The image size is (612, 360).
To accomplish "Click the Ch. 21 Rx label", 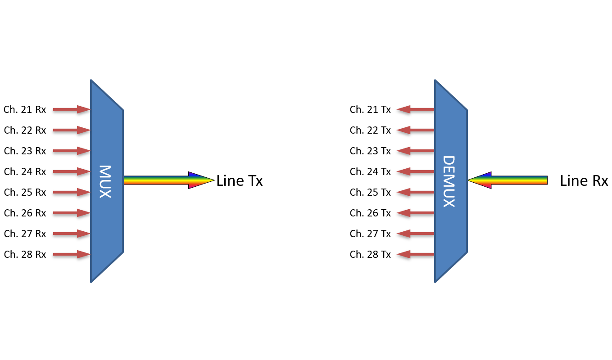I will click(25, 109).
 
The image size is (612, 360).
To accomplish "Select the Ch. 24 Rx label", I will click(25, 171).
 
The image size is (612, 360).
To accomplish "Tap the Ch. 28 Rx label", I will click(25, 254).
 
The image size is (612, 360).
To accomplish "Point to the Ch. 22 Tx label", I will click(370, 130).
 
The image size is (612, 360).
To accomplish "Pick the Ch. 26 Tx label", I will click(370, 213).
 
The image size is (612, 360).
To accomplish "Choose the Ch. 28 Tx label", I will click(370, 254).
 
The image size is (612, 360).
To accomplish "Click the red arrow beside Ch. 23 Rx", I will click(72, 151).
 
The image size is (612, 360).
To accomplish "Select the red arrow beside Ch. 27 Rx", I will click(72, 234).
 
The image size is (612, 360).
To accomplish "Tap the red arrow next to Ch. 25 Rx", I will click(72, 192).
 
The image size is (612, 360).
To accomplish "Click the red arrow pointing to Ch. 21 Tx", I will click(415, 109).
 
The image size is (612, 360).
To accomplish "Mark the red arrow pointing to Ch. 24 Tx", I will click(415, 171).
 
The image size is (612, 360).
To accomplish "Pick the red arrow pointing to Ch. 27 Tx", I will click(415, 234).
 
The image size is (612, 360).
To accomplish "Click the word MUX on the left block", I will click(105, 181).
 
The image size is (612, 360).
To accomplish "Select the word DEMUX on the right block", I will click(449, 181).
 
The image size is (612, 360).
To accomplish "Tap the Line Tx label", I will click(240, 181).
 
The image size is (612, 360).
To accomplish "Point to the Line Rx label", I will click(584, 181).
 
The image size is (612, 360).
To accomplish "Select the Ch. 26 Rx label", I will click(25, 213).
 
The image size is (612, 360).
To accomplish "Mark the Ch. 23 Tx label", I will click(370, 151).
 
